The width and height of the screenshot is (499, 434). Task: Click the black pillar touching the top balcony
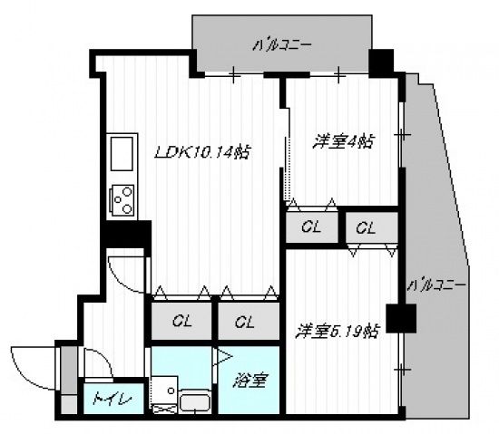point(381,62)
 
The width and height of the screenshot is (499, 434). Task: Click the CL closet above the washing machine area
point(181,322)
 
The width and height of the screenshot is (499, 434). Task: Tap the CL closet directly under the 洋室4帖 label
point(309,227)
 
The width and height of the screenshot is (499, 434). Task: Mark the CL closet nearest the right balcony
point(367,227)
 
